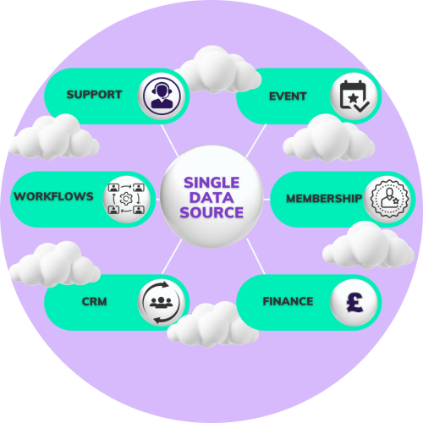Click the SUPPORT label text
pyautogui.click(x=94, y=95)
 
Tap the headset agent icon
pyautogui.click(x=162, y=96)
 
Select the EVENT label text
pyautogui.click(x=288, y=96)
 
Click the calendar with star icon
pyautogui.click(x=354, y=96)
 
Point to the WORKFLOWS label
pyautogui.click(x=53, y=196)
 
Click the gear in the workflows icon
pyautogui.click(x=126, y=199)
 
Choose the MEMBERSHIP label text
pyautogui.click(x=324, y=199)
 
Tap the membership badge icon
pyautogui.click(x=389, y=198)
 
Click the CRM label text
pyautogui.click(x=94, y=301)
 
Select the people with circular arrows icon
pyautogui.click(x=162, y=303)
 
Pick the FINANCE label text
pyautogui.click(x=288, y=301)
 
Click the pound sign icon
pyautogui.click(x=354, y=302)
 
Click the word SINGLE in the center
pyautogui.click(x=211, y=183)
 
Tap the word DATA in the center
pyautogui.click(x=211, y=197)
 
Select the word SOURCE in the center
pyautogui.click(x=211, y=212)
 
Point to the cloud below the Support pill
pyautogui.click(x=53, y=137)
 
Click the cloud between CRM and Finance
pyautogui.click(x=213, y=324)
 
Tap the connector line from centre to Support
pyautogui.click(x=169, y=140)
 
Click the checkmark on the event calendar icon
pyautogui.click(x=361, y=107)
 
